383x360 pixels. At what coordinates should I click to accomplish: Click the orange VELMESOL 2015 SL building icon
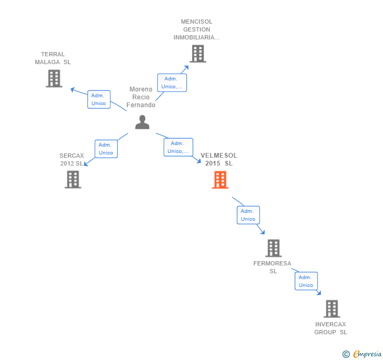[x=220, y=180]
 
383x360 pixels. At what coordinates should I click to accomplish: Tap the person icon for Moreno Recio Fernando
[x=142, y=122]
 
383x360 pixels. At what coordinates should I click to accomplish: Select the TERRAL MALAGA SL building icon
[x=54, y=78]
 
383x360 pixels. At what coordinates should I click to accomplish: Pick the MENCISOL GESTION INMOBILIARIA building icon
[x=197, y=54]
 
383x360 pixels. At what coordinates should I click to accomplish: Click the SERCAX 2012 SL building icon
[x=73, y=179]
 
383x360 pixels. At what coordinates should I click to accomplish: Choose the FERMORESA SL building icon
[x=273, y=248]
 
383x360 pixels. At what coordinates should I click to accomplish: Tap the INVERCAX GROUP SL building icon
[x=331, y=308]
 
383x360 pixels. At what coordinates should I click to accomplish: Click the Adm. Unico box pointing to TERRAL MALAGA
[x=98, y=99]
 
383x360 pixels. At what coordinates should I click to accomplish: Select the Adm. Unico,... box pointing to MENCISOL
[x=172, y=83]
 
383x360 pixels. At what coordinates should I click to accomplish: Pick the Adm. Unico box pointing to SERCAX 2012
[x=106, y=149]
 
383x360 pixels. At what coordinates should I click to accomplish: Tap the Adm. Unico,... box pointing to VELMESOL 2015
[x=178, y=147]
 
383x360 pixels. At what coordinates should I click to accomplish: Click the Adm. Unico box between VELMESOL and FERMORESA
[x=248, y=215]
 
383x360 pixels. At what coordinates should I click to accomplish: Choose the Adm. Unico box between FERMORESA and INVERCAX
[x=306, y=281]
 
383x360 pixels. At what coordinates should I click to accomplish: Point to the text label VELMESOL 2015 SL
[x=219, y=159]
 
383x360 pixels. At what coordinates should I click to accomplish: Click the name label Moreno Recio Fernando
[x=141, y=97]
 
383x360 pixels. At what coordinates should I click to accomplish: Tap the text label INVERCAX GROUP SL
[x=331, y=328]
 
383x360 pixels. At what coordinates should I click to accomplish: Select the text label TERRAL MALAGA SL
[x=53, y=58]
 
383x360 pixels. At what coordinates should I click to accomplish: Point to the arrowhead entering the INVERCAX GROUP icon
[x=319, y=293]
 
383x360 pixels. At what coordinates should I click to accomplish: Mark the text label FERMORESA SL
[x=273, y=267]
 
